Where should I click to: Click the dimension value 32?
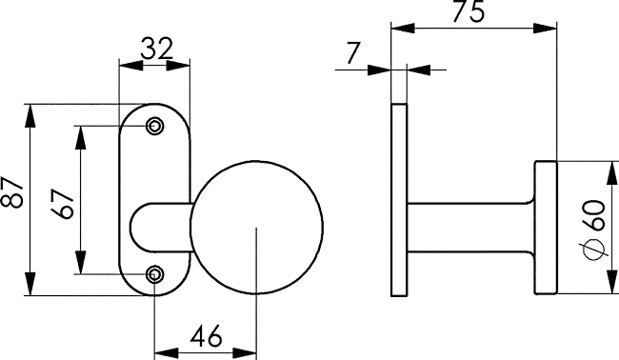(157, 49)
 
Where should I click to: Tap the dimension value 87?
(13, 191)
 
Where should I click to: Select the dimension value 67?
(63, 204)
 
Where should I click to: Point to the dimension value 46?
(206, 336)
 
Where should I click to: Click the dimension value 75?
(468, 11)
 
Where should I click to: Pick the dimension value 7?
(353, 53)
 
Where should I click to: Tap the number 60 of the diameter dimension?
(593, 215)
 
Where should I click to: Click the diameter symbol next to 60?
(593, 250)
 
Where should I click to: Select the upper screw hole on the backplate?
(154, 127)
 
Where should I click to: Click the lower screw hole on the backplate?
(154, 274)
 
